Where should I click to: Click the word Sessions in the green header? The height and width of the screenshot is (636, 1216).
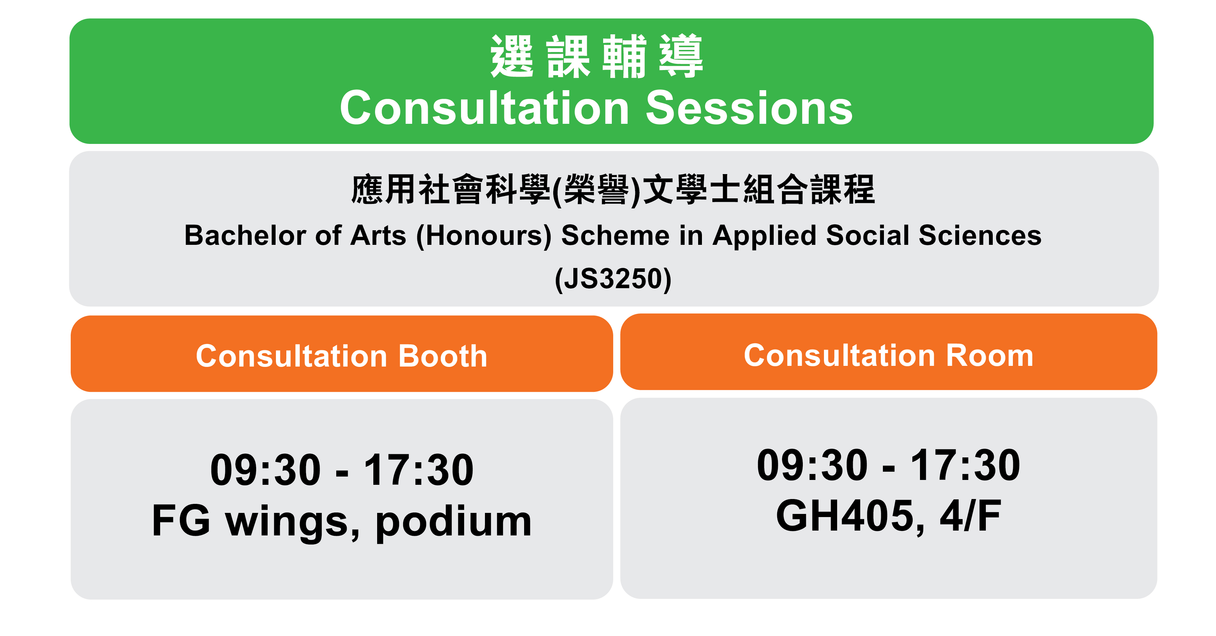749,108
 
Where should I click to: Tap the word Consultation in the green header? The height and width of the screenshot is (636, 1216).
484,108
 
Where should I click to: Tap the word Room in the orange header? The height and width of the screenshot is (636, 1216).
990,355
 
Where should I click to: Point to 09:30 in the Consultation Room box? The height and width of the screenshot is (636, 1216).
812,465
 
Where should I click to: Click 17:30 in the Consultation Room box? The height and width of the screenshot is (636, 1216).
965,465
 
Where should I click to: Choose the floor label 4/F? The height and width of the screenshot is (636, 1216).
971,516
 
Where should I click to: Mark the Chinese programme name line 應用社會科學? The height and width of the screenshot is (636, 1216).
451,190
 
